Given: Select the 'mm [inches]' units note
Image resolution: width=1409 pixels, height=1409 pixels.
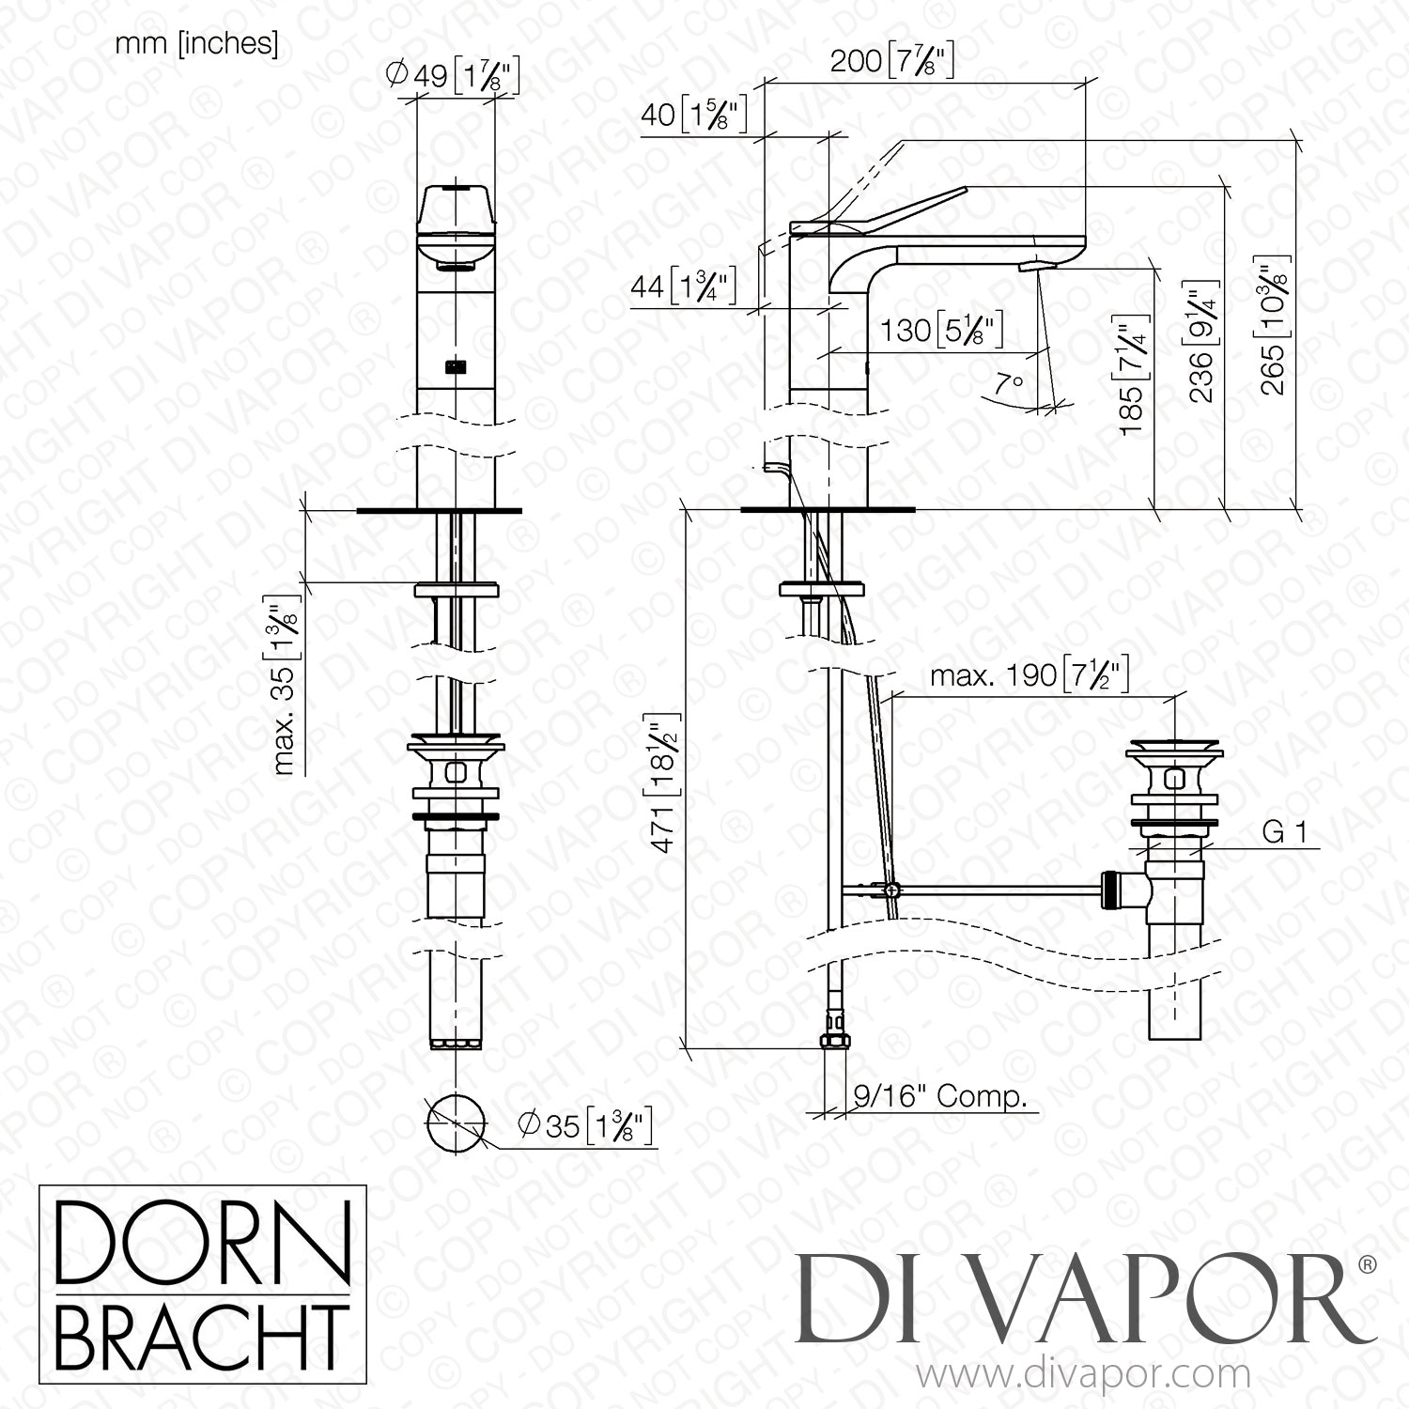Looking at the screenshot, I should coord(196,44).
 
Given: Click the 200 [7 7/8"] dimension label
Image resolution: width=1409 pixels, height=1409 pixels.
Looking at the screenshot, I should coord(891,61).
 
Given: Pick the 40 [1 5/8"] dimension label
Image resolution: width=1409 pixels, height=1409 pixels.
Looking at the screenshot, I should coord(693,115).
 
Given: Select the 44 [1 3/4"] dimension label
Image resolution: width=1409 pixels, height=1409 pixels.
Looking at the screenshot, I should coord(682,286).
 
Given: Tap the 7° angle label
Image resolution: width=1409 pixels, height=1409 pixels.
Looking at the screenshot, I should coord(1009,384).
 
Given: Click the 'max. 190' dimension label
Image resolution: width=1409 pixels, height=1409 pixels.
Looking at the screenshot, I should coord(1029,675).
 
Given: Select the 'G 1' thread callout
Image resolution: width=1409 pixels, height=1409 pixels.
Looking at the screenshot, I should coord(1284,832).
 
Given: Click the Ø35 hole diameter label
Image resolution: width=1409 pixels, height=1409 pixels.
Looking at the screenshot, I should coord(585,1124).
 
